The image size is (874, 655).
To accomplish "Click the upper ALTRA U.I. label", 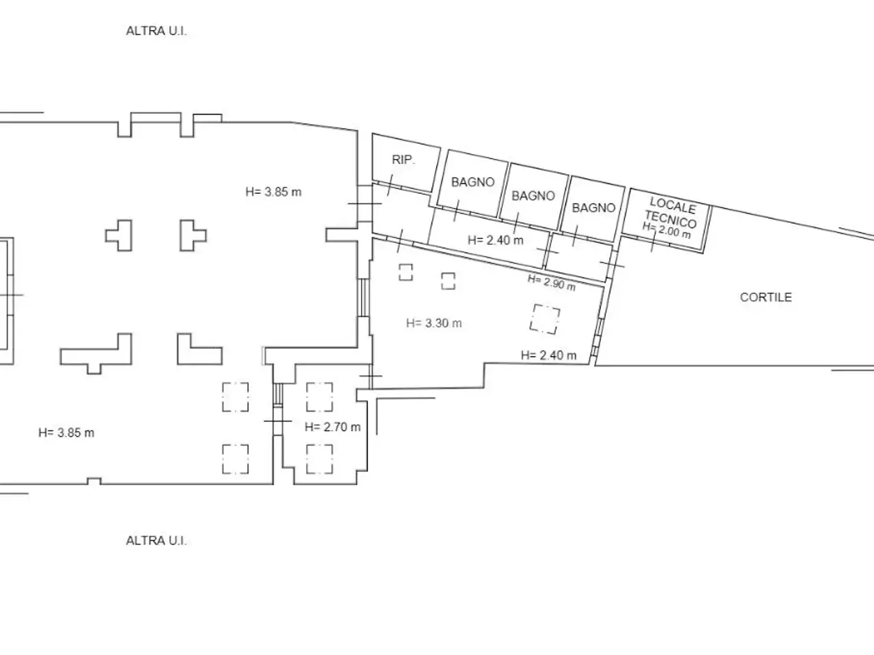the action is pyautogui.click(x=156, y=31).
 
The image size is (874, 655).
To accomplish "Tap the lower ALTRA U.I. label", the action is pyautogui.click(x=156, y=540).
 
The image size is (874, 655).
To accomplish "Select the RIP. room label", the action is pyautogui.click(x=404, y=160).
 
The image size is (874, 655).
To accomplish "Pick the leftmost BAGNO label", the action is pyautogui.click(x=473, y=182).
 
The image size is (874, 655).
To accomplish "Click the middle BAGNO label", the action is pyautogui.click(x=533, y=196).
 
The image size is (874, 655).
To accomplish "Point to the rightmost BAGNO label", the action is pyautogui.click(x=593, y=207).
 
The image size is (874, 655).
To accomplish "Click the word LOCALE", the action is pyautogui.click(x=673, y=205).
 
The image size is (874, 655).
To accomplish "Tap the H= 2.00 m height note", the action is pyautogui.click(x=666, y=230).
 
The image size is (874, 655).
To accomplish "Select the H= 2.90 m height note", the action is pyautogui.click(x=552, y=282).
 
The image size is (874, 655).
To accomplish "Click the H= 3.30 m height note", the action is pyautogui.click(x=434, y=323).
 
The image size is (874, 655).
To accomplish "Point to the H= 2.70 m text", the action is pyautogui.click(x=333, y=426).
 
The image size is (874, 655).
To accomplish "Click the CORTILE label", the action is pyautogui.click(x=765, y=297).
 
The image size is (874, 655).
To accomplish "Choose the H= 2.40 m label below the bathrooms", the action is pyautogui.click(x=495, y=239).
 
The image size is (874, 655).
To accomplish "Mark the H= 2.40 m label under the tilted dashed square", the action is pyautogui.click(x=549, y=355).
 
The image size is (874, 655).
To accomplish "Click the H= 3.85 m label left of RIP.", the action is pyautogui.click(x=274, y=192).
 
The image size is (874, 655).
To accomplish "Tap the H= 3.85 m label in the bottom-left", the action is pyautogui.click(x=66, y=433).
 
